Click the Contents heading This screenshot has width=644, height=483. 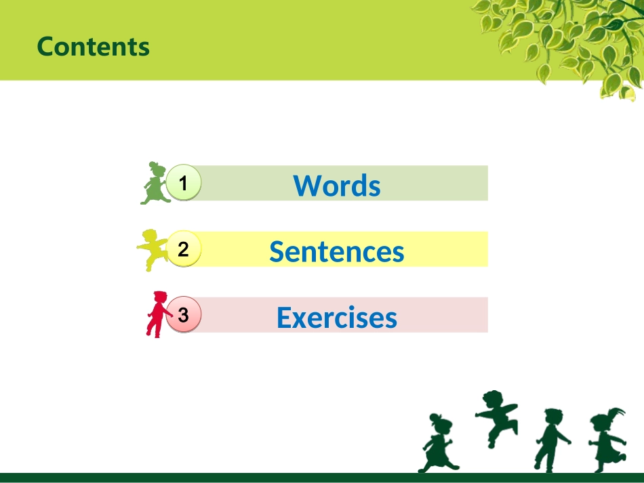click(x=93, y=46)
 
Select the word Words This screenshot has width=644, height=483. click(x=337, y=185)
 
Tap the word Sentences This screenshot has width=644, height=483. click(x=337, y=251)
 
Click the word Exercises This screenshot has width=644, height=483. click(x=337, y=317)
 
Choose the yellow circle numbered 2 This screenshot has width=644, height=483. click(x=183, y=249)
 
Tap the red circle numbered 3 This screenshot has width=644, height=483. click(x=183, y=315)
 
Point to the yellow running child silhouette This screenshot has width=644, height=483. click(x=153, y=249)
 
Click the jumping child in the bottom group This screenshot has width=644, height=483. click(x=497, y=417)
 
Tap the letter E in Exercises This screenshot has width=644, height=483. click(x=284, y=317)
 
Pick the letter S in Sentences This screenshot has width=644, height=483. click(x=277, y=251)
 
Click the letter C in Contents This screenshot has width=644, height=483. click(x=45, y=46)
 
